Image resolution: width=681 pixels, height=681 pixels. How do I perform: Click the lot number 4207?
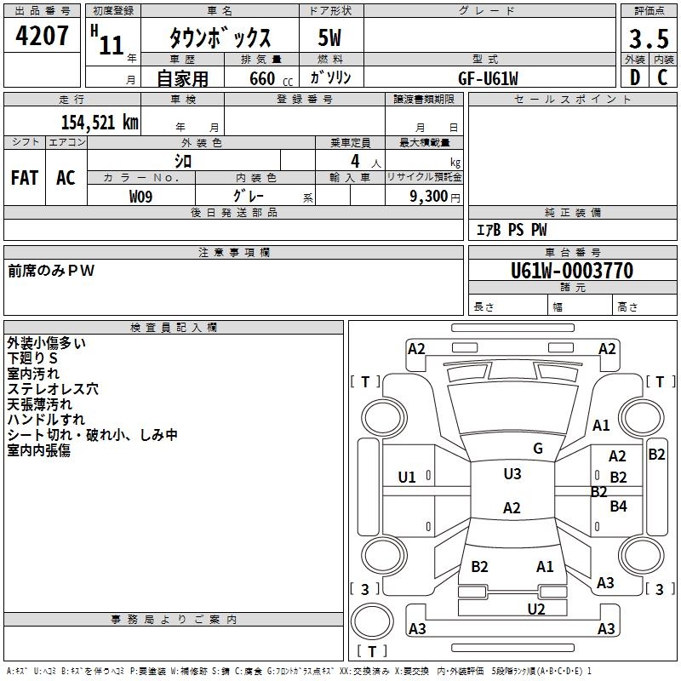[x=43, y=37]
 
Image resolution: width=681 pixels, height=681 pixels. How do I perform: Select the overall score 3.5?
[x=647, y=39]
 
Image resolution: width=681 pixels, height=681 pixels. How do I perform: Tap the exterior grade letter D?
[x=634, y=77]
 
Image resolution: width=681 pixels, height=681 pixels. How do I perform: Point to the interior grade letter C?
[x=662, y=77]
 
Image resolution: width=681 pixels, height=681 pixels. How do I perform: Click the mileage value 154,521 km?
[x=99, y=122]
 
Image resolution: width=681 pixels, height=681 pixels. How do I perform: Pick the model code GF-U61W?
[x=488, y=77]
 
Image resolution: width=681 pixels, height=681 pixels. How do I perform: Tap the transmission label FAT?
[x=25, y=177]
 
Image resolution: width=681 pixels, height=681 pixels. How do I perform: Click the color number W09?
[x=141, y=196]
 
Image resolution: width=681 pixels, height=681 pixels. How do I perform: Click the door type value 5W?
[x=331, y=39]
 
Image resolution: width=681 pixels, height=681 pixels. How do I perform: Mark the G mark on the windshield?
[x=537, y=449]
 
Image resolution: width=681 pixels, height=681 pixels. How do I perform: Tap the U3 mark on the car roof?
[x=512, y=474]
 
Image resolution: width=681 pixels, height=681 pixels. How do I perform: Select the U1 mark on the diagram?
[x=407, y=477]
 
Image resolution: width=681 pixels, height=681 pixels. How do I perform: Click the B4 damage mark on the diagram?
[x=618, y=506]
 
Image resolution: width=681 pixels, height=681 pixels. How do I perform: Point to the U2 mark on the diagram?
[x=535, y=609]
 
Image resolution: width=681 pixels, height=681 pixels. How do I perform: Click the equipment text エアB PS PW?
[x=511, y=230]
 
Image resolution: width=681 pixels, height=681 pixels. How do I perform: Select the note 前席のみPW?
[x=52, y=271]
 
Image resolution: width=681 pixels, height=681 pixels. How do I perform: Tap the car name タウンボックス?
[x=220, y=39]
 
